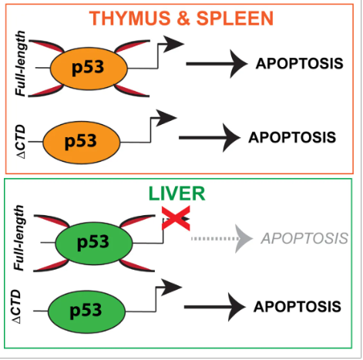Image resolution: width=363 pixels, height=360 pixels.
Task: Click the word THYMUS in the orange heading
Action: (x=129, y=19)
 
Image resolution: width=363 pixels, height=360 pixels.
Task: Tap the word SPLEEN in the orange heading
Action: (x=235, y=19)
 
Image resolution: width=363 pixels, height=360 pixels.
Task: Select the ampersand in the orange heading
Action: (x=183, y=19)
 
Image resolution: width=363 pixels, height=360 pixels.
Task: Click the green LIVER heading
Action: (x=176, y=193)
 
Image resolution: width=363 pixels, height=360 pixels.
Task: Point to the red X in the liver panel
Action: (x=176, y=218)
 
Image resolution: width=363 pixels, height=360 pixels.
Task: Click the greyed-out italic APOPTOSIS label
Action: (x=304, y=238)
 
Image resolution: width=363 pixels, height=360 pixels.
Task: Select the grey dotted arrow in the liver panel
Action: (x=222, y=239)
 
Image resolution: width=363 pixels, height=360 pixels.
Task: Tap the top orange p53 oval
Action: (x=89, y=69)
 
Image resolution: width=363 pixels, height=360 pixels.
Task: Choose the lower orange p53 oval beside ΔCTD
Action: (x=82, y=142)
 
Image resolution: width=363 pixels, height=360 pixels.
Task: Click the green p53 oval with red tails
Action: (x=94, y=243)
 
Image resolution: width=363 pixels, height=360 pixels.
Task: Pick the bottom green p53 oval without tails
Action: (x=87, y=311)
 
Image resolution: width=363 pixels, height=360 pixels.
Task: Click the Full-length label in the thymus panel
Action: (x=20, y=63)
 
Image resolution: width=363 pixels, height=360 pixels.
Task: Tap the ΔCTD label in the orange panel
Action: (x=21, y=142)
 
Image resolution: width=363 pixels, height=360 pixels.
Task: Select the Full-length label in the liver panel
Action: (x=18, y=237)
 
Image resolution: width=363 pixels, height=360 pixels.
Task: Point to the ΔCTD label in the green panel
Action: (x=16, y=306)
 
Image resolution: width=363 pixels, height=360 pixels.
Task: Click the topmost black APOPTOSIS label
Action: (x=300, y=63)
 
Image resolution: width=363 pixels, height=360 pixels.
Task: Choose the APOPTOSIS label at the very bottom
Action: (x=297, y=307)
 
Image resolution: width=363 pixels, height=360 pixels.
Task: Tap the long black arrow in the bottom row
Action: (x=215, y=307)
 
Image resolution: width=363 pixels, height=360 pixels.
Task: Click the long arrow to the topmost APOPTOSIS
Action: (x=217, y=64)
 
